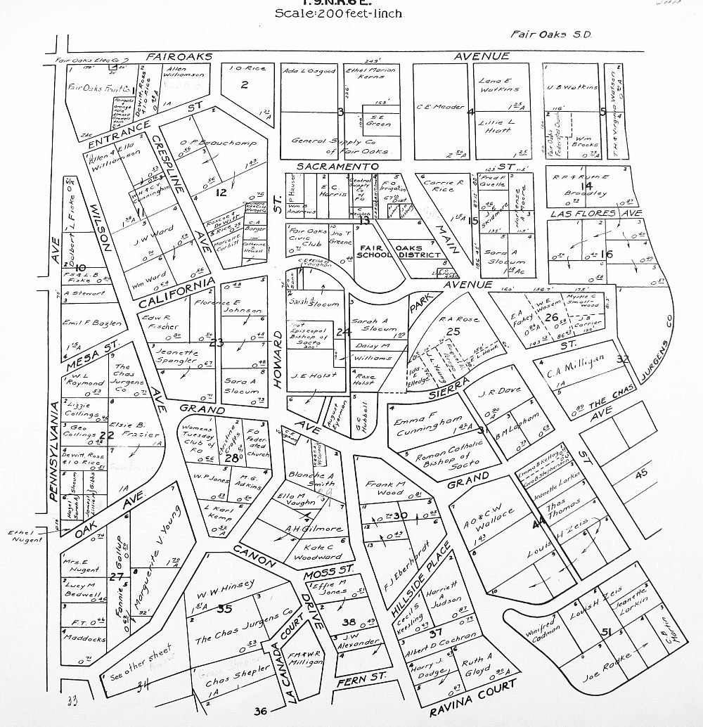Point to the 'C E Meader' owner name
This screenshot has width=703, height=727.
point(440,107)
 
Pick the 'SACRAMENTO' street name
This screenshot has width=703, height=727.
point(337,166)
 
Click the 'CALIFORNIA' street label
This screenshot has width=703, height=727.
point(176,294)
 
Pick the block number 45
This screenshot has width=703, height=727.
point(641,475)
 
